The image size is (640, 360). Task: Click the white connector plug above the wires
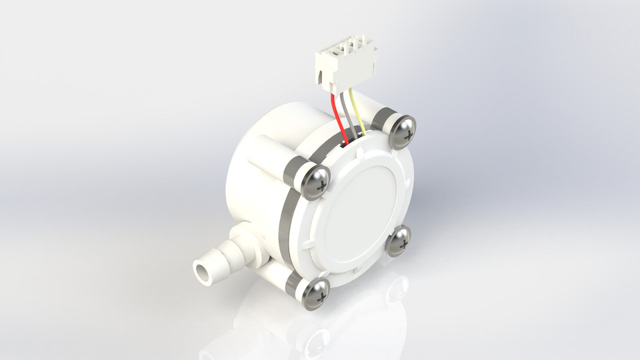click(x=345, y=63)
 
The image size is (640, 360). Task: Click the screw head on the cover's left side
click(x=315, y=181)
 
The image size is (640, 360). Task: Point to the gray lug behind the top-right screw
click(x=383, y=120)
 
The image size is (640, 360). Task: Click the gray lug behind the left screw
click(x=293, y=173)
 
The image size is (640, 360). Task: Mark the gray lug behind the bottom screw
click(x=293, y=286)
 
